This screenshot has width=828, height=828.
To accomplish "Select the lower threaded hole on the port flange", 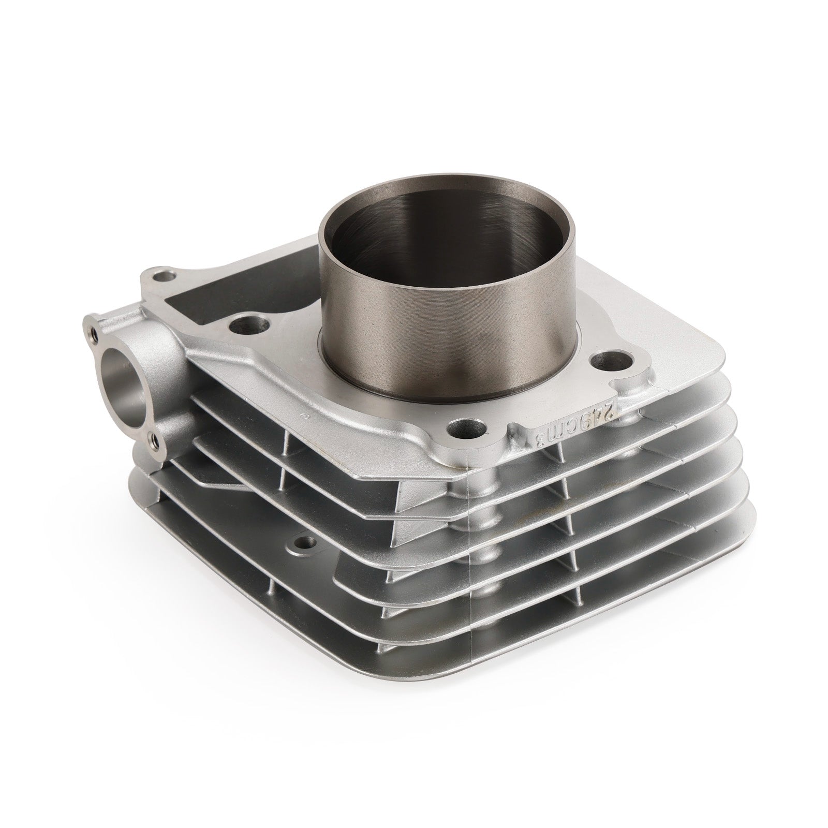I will (x=155, y=440).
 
